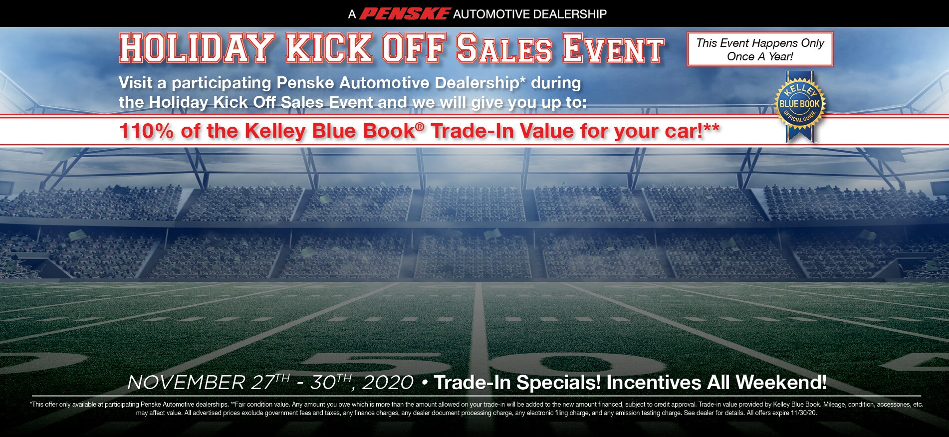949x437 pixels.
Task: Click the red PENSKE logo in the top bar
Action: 405,14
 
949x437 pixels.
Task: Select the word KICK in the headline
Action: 329,48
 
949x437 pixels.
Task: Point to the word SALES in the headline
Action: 504,48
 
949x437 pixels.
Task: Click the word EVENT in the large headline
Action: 614,49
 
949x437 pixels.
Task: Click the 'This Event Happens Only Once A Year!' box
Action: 760,49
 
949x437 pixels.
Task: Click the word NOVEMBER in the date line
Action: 186,383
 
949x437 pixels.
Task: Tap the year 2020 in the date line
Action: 388,383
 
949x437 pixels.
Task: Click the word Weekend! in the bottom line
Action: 781,383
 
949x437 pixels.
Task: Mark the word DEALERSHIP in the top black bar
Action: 568,14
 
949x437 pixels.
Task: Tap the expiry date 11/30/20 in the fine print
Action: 803,413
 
